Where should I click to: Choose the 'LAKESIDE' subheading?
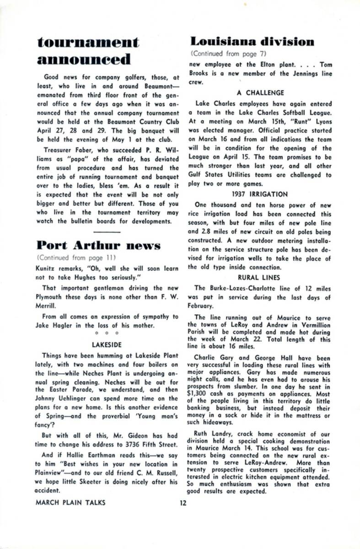click(x=107, y=345)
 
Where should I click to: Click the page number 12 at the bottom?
click(x=183, y=502)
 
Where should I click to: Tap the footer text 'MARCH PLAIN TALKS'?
click(x=70, y=502)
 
